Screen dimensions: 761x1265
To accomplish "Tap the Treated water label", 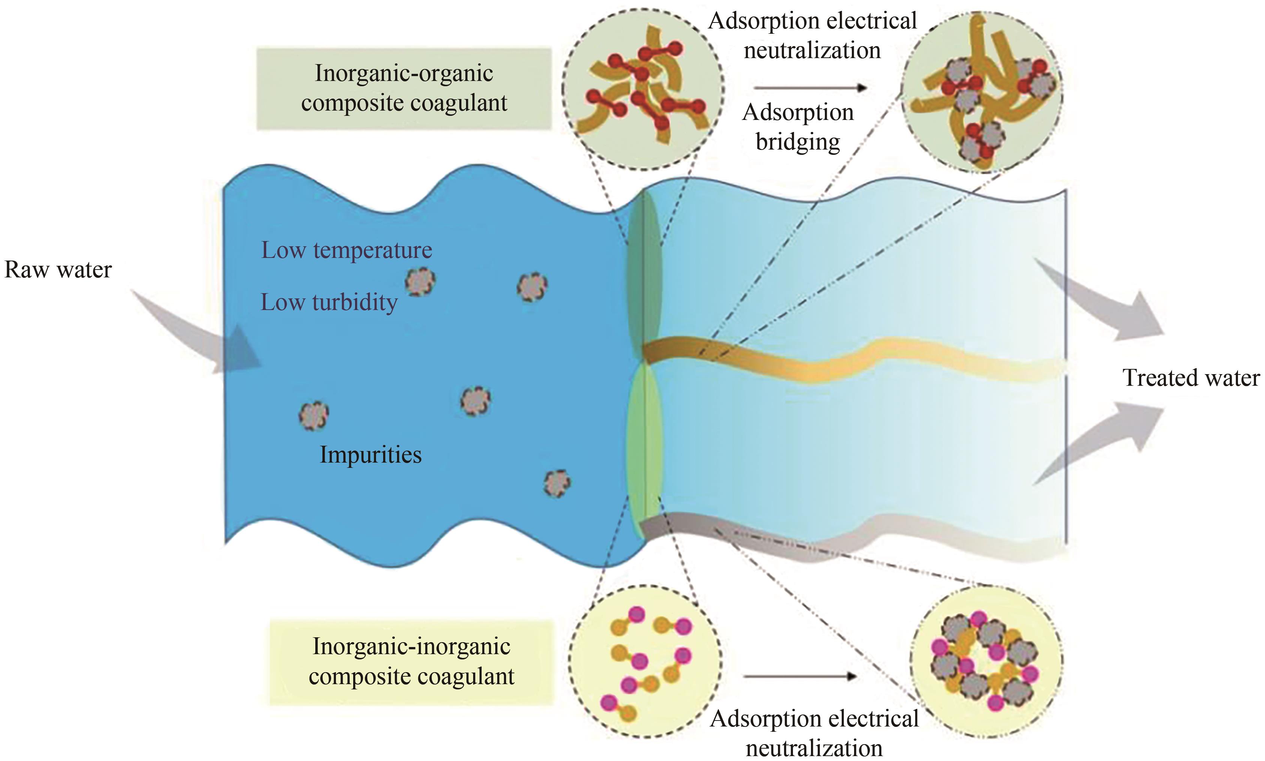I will (x=1191, y=378).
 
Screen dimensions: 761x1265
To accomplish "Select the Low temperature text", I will (x=347, y=250).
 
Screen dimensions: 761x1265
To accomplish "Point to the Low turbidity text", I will (x=329, y=303).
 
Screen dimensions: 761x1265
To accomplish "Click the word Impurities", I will (x=370, y=455).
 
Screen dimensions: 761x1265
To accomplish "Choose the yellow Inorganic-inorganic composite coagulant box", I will (x=411, y=662).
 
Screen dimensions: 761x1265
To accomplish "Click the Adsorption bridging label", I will (x=798, y=127).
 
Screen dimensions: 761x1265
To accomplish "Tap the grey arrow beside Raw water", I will (x=200, y=333).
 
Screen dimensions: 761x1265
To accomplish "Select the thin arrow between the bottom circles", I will (x=800, y=676).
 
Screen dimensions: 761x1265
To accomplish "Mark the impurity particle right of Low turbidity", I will (x=420, y=282).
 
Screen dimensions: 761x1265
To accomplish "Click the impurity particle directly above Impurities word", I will (x=475, y=400).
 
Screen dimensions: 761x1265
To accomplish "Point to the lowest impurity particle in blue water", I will (x=557, y=482).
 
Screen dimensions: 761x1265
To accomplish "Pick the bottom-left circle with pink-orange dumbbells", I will (x=645, y=662).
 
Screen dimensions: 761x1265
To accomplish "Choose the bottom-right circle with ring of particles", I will (x=986, y=662).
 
